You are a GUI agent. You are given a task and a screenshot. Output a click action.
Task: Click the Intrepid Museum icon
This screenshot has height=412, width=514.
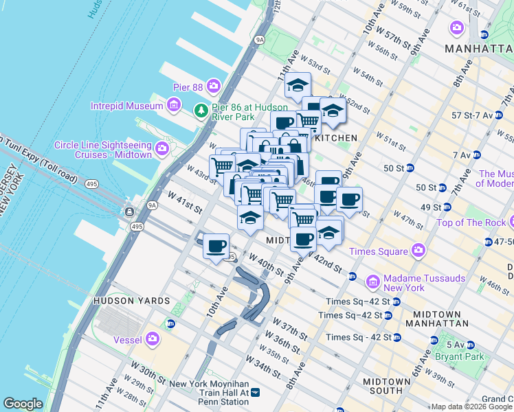[174, 105]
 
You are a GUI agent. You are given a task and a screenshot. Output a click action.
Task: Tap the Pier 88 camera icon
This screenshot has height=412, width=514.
[214, 85]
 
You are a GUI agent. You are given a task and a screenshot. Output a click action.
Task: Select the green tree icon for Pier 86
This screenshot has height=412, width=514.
[201, 110]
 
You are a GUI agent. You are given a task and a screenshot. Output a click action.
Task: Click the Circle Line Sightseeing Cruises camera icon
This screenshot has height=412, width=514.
[162, 148]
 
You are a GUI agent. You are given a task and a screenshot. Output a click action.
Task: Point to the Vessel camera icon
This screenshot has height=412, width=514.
[152, 339]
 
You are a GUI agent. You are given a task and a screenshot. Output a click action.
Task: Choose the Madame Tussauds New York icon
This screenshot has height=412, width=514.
[372, 282]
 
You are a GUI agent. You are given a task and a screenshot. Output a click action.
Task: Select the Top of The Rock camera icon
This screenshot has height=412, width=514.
[512, 222]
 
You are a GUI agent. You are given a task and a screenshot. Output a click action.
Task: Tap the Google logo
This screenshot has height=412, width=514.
[23, 404]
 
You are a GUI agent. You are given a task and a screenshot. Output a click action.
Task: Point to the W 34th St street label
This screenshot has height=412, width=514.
[262, 367]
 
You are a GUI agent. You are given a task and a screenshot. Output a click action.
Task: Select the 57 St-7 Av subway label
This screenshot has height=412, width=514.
[473, 114]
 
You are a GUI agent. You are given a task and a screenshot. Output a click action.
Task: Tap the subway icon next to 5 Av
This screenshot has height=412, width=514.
[434, 340]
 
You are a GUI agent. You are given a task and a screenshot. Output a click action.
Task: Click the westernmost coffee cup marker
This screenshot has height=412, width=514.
[216, 245]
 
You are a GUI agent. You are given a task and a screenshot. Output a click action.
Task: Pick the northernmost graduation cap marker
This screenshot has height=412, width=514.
[298, 84]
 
